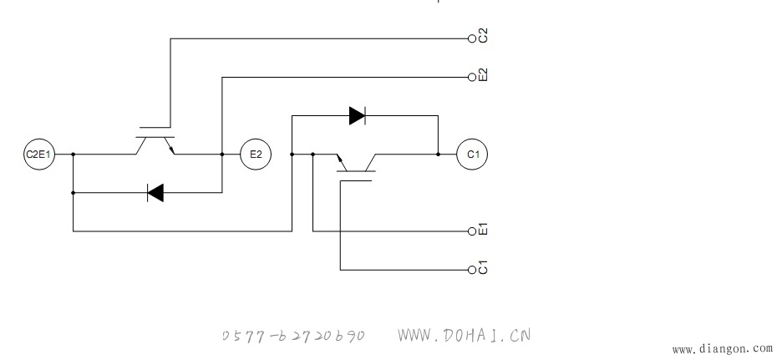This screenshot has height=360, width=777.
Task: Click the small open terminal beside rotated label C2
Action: click(x=472, y=38)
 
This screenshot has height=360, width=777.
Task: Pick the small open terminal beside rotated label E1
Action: click(x=472, y=231)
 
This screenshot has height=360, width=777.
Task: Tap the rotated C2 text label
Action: click(x=484, y=36)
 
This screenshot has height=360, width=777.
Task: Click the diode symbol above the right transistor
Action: click(x=358, y=116)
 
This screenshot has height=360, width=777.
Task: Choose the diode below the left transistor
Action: click(x=155, y=193)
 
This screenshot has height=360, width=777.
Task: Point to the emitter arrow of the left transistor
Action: click(x=171, y=149)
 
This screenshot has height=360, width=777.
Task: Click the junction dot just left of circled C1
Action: click(x=438, y=155)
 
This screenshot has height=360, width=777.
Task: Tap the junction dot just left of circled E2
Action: click(x=222, y=155)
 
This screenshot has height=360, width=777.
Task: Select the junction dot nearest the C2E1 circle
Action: click(x=74, y=155)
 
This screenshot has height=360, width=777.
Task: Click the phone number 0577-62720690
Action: click(x=293, y=336)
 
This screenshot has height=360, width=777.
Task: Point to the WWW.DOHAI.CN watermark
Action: click(x=464, y=335)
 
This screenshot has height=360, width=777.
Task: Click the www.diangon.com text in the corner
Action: click(x=724, y=350)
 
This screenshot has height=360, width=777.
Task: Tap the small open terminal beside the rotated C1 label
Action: click(x=472, y=270)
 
